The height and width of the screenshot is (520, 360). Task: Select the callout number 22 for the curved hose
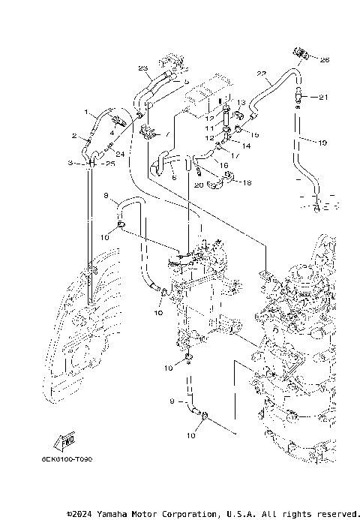(262, 74)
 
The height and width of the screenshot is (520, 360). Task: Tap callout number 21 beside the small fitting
(323, 98)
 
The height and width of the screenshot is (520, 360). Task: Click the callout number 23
(142, 68)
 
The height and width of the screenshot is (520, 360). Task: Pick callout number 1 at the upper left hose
(85, 113)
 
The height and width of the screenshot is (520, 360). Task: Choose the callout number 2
(74, 137)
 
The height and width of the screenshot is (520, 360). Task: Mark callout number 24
(119, 155)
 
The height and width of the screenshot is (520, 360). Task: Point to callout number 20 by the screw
(199, 185)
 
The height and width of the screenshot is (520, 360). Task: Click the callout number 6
(173, 177)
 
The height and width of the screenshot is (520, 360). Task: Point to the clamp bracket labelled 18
(223, 178)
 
